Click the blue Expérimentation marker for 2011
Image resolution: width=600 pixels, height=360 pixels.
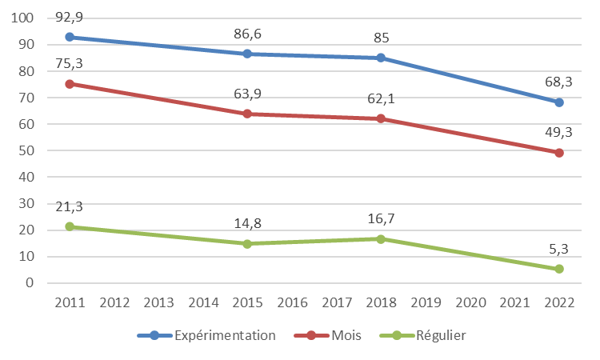[x=70, y=37]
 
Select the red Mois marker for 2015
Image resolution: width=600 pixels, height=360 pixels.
[x=247, y=114]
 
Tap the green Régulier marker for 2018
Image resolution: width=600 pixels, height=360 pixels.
[x=381, y=238]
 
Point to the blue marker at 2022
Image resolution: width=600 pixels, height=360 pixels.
[x=559, y=102]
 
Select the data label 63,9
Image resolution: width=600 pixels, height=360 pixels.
[x=247, y=94]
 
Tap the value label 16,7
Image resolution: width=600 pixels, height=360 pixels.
[x=381, y=218]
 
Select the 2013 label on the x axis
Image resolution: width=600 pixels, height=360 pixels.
[x=158, y=302]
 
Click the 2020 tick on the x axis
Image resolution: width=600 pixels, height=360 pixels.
[x=470, y=302]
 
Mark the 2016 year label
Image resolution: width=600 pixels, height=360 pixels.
[x=292, y=302]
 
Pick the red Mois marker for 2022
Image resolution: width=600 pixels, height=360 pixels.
[x=559, y=153]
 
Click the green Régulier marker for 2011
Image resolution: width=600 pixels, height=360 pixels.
[x=70, y=226]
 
